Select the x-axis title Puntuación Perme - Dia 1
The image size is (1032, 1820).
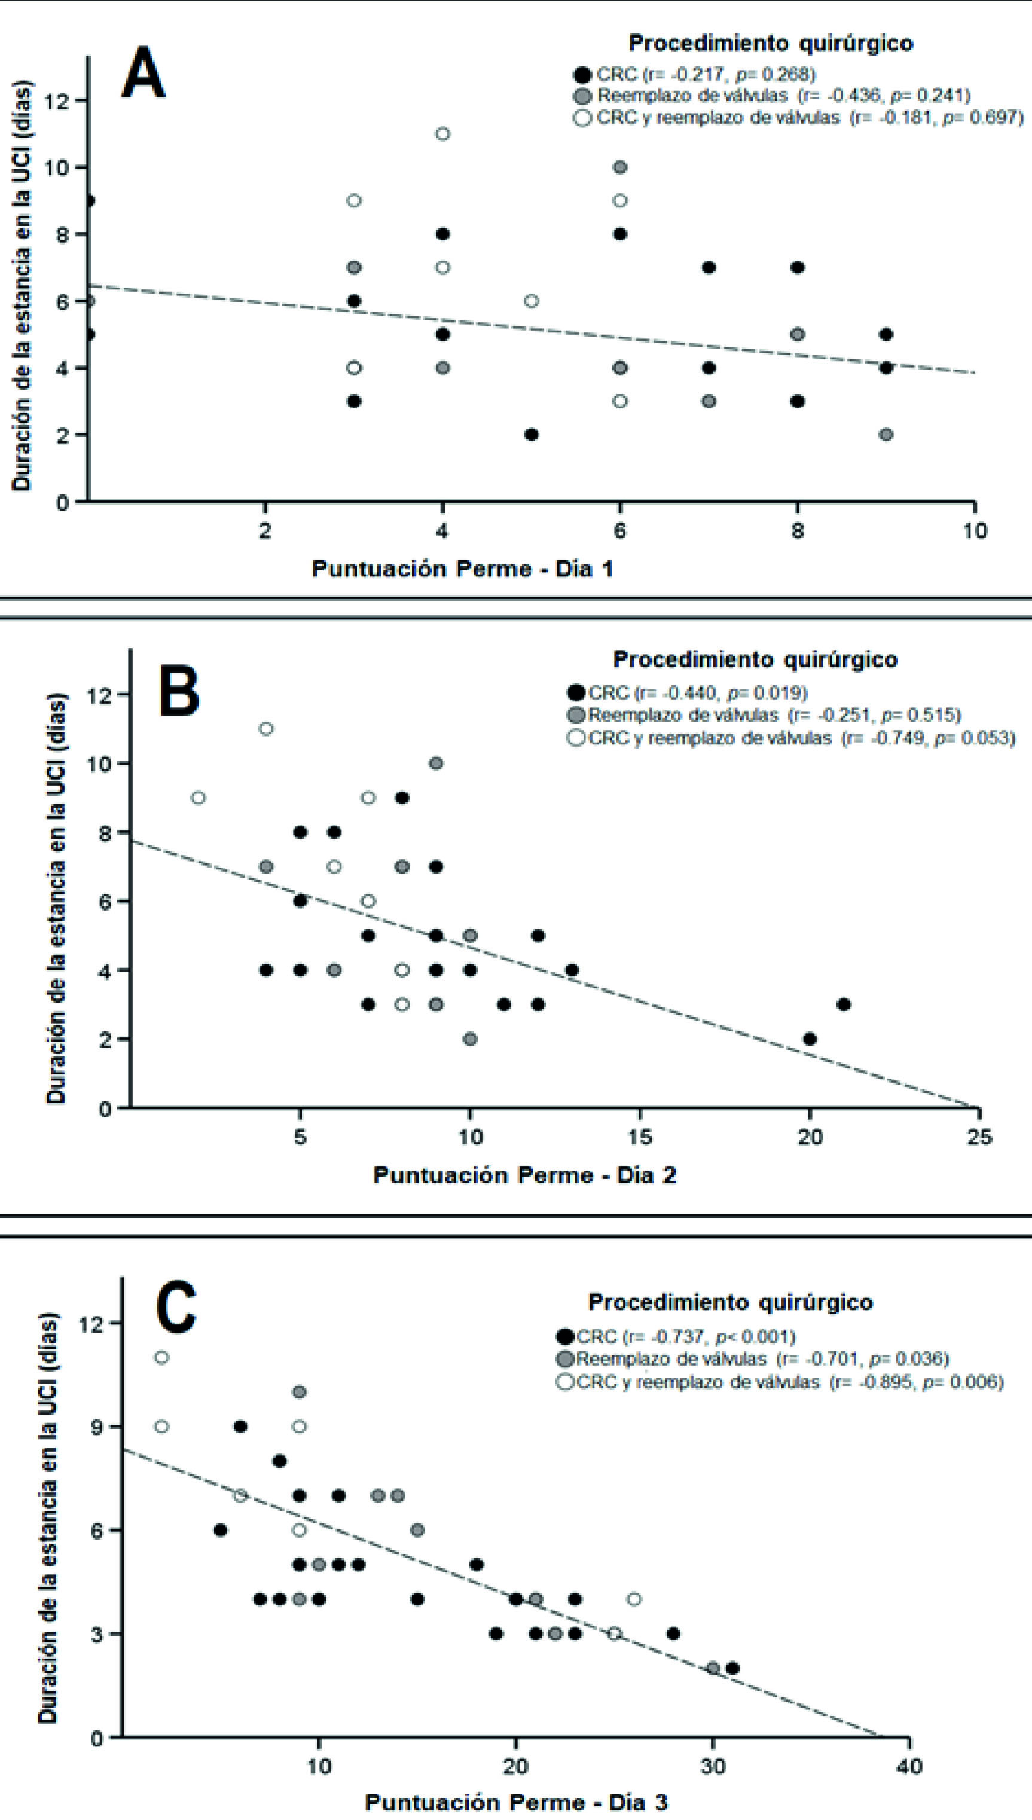(x=462, y=569)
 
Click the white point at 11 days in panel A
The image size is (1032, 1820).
(x=442, y=134)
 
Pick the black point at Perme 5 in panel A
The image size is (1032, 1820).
(x=531, y=435)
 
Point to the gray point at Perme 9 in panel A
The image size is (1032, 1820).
(x=886, y=435)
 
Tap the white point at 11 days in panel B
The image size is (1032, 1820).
(x=266, y=729)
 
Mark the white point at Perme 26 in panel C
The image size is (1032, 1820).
(x=634, y=1599)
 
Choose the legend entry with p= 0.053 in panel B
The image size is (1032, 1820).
(x=790, y=738)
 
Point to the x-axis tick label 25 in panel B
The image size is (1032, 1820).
(x=979, y=1137)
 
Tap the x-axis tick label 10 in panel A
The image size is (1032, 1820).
(x=975, y=530)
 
